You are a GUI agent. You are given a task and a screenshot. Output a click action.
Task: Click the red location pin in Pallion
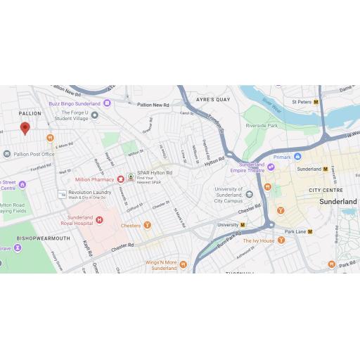coord(25,128)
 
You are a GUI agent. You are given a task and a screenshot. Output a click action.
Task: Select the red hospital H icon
coord(99,221)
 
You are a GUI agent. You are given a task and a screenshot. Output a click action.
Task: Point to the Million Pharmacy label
coord(94,179)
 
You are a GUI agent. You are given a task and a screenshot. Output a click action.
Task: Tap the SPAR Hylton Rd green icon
coord(130,175)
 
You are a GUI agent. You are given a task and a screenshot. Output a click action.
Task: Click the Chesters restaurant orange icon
coord(147,226)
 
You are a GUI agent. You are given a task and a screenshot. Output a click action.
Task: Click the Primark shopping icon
coord(297,157)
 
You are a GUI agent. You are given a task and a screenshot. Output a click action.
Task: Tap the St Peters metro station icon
coord(316,102)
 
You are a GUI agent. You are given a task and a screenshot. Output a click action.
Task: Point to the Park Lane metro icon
coord(310,231)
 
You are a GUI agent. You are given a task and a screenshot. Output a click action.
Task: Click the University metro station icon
coord(243,225)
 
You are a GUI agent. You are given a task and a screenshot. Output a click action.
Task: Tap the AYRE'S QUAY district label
coord(214,100)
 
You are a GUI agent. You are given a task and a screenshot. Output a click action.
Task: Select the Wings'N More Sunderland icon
coord(183,264)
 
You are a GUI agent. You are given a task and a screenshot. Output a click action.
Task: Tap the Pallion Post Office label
coord(34,154)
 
